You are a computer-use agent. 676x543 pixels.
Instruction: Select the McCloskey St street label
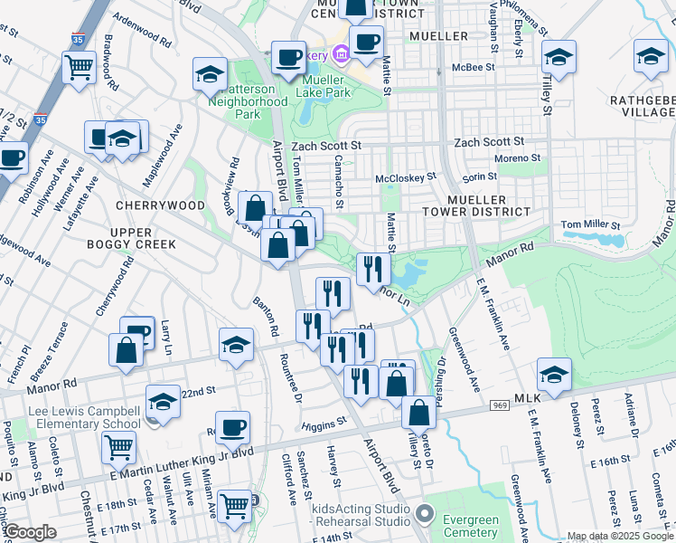[406, 177]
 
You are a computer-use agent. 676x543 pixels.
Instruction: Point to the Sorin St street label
[480, 179]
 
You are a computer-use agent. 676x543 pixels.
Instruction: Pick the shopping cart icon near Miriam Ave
[235, 505]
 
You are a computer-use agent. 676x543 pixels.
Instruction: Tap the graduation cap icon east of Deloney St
[554, 374]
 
